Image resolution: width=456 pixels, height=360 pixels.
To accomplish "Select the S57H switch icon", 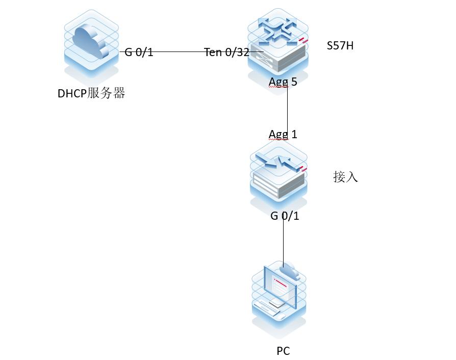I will [278, 46].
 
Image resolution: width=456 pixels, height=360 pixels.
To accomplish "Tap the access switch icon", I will [278, 176].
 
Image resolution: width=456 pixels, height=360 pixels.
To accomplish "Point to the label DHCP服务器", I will [91, 93].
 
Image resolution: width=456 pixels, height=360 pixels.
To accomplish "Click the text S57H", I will [340, 46].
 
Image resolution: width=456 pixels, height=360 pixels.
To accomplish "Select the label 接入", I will [345, 177].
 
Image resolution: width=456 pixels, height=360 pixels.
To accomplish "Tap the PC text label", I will [283, 351].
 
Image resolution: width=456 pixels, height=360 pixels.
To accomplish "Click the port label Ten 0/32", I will [226, 52].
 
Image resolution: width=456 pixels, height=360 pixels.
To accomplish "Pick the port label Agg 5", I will [283, 82].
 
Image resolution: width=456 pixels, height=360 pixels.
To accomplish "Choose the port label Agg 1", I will [283, 134].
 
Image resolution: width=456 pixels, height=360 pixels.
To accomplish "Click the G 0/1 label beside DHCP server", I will [139, 52].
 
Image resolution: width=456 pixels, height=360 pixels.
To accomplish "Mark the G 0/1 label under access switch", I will [285, 216].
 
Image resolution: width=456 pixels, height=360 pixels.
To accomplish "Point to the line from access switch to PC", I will [284, 242].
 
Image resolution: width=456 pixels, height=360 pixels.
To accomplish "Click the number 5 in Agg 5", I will [294, 82].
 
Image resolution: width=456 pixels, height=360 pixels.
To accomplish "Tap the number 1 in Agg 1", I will [294, 134].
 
